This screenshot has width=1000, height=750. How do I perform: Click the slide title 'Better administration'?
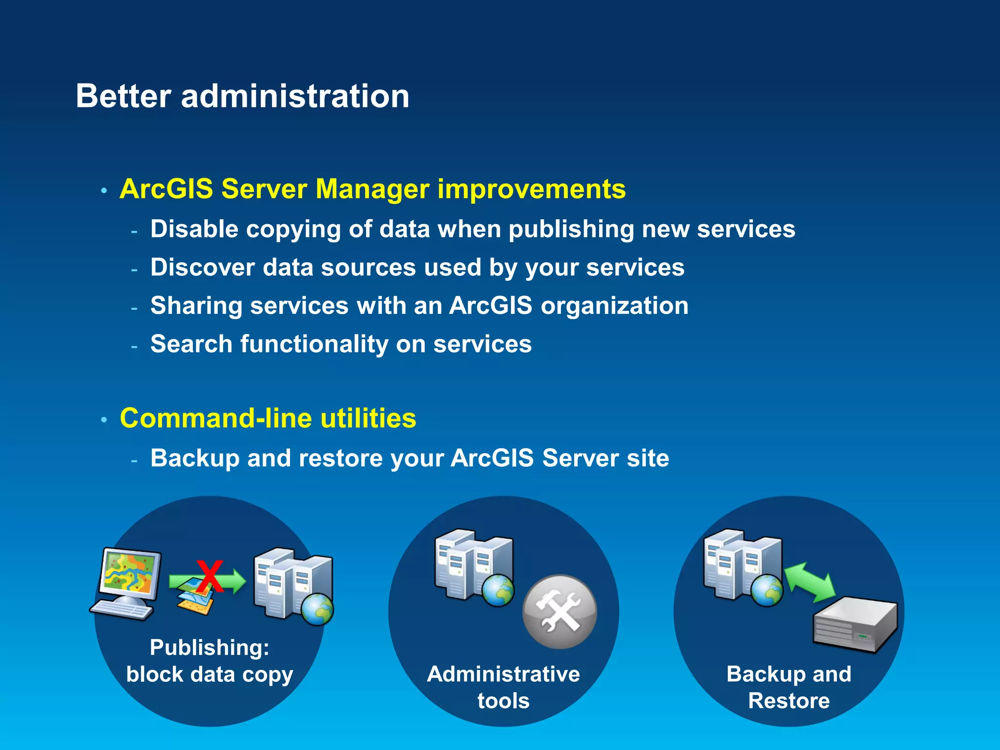pyautogui.click(x=242, y=96)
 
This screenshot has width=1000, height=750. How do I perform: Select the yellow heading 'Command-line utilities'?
pyautogui.click(x=268, y=418)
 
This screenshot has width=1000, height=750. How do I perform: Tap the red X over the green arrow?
pyautogui.click(x=210, y=576)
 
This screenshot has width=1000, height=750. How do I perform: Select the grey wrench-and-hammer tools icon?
pyautogui.click(x=560, y=612)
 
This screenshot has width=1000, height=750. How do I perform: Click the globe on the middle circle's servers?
pyautogui.click(x=498, y=590)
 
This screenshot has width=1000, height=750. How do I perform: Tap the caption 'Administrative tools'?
pyautogui.click(x=503, y=687)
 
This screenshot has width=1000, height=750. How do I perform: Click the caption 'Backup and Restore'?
pyautogui.click(x=789, y=687)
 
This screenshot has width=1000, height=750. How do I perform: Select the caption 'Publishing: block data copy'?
pyautogui.click(x=209, y=661)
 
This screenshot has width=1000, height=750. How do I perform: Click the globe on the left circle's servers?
pyautogui.click(x=317, y=609)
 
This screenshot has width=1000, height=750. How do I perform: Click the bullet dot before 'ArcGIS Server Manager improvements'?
pyautogui.click(x=104, y=190)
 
